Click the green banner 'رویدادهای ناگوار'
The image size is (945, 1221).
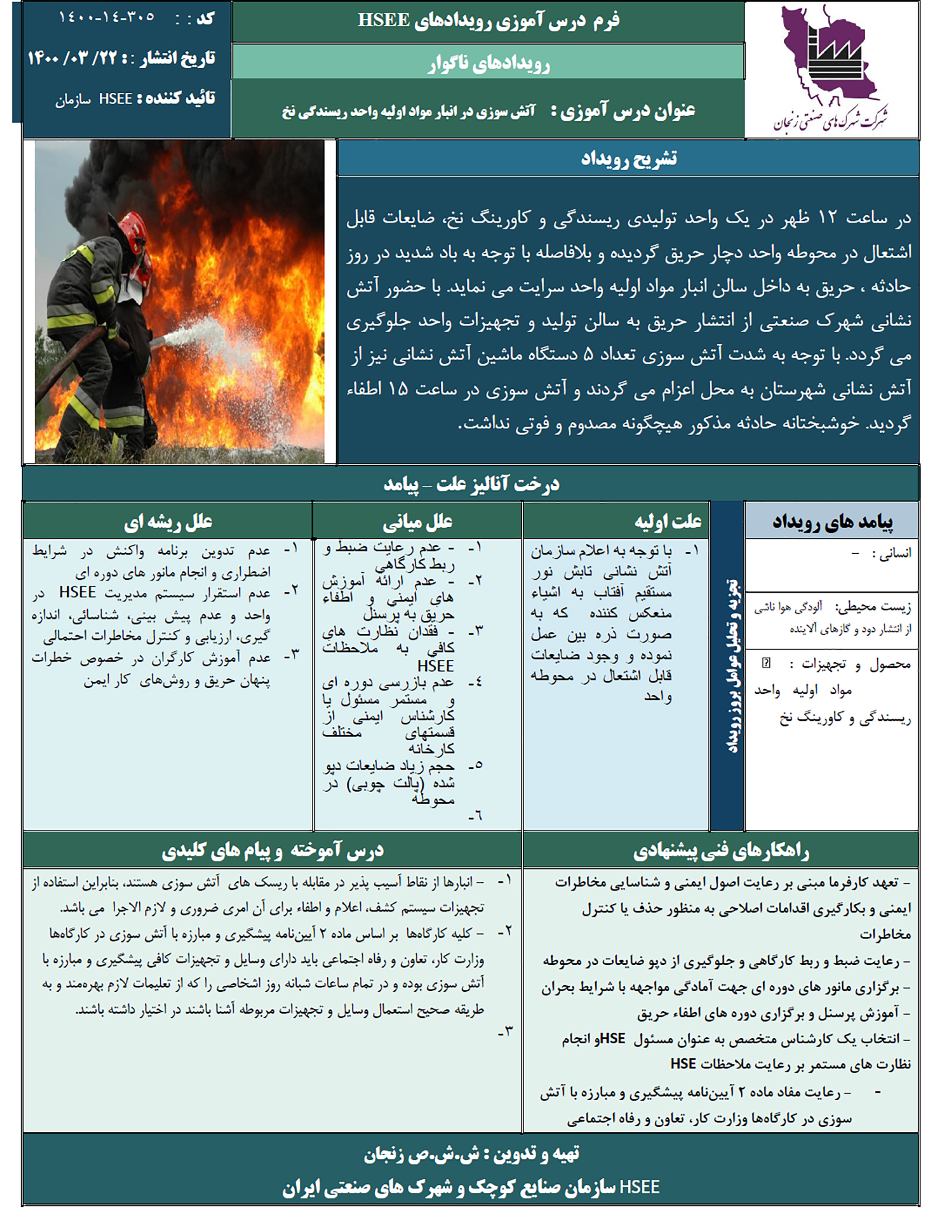point(488,63)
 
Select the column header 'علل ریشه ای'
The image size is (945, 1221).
point(168,522)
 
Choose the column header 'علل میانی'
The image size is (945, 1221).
point(417,522)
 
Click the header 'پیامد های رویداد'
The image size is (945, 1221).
point(832,522)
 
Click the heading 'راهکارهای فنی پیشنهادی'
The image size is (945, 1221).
point(721,851)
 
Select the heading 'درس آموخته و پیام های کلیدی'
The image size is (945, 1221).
point(273,851)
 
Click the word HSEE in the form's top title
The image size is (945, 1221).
point(384,20)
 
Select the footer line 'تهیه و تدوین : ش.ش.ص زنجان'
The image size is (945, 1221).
point(471,1153)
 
